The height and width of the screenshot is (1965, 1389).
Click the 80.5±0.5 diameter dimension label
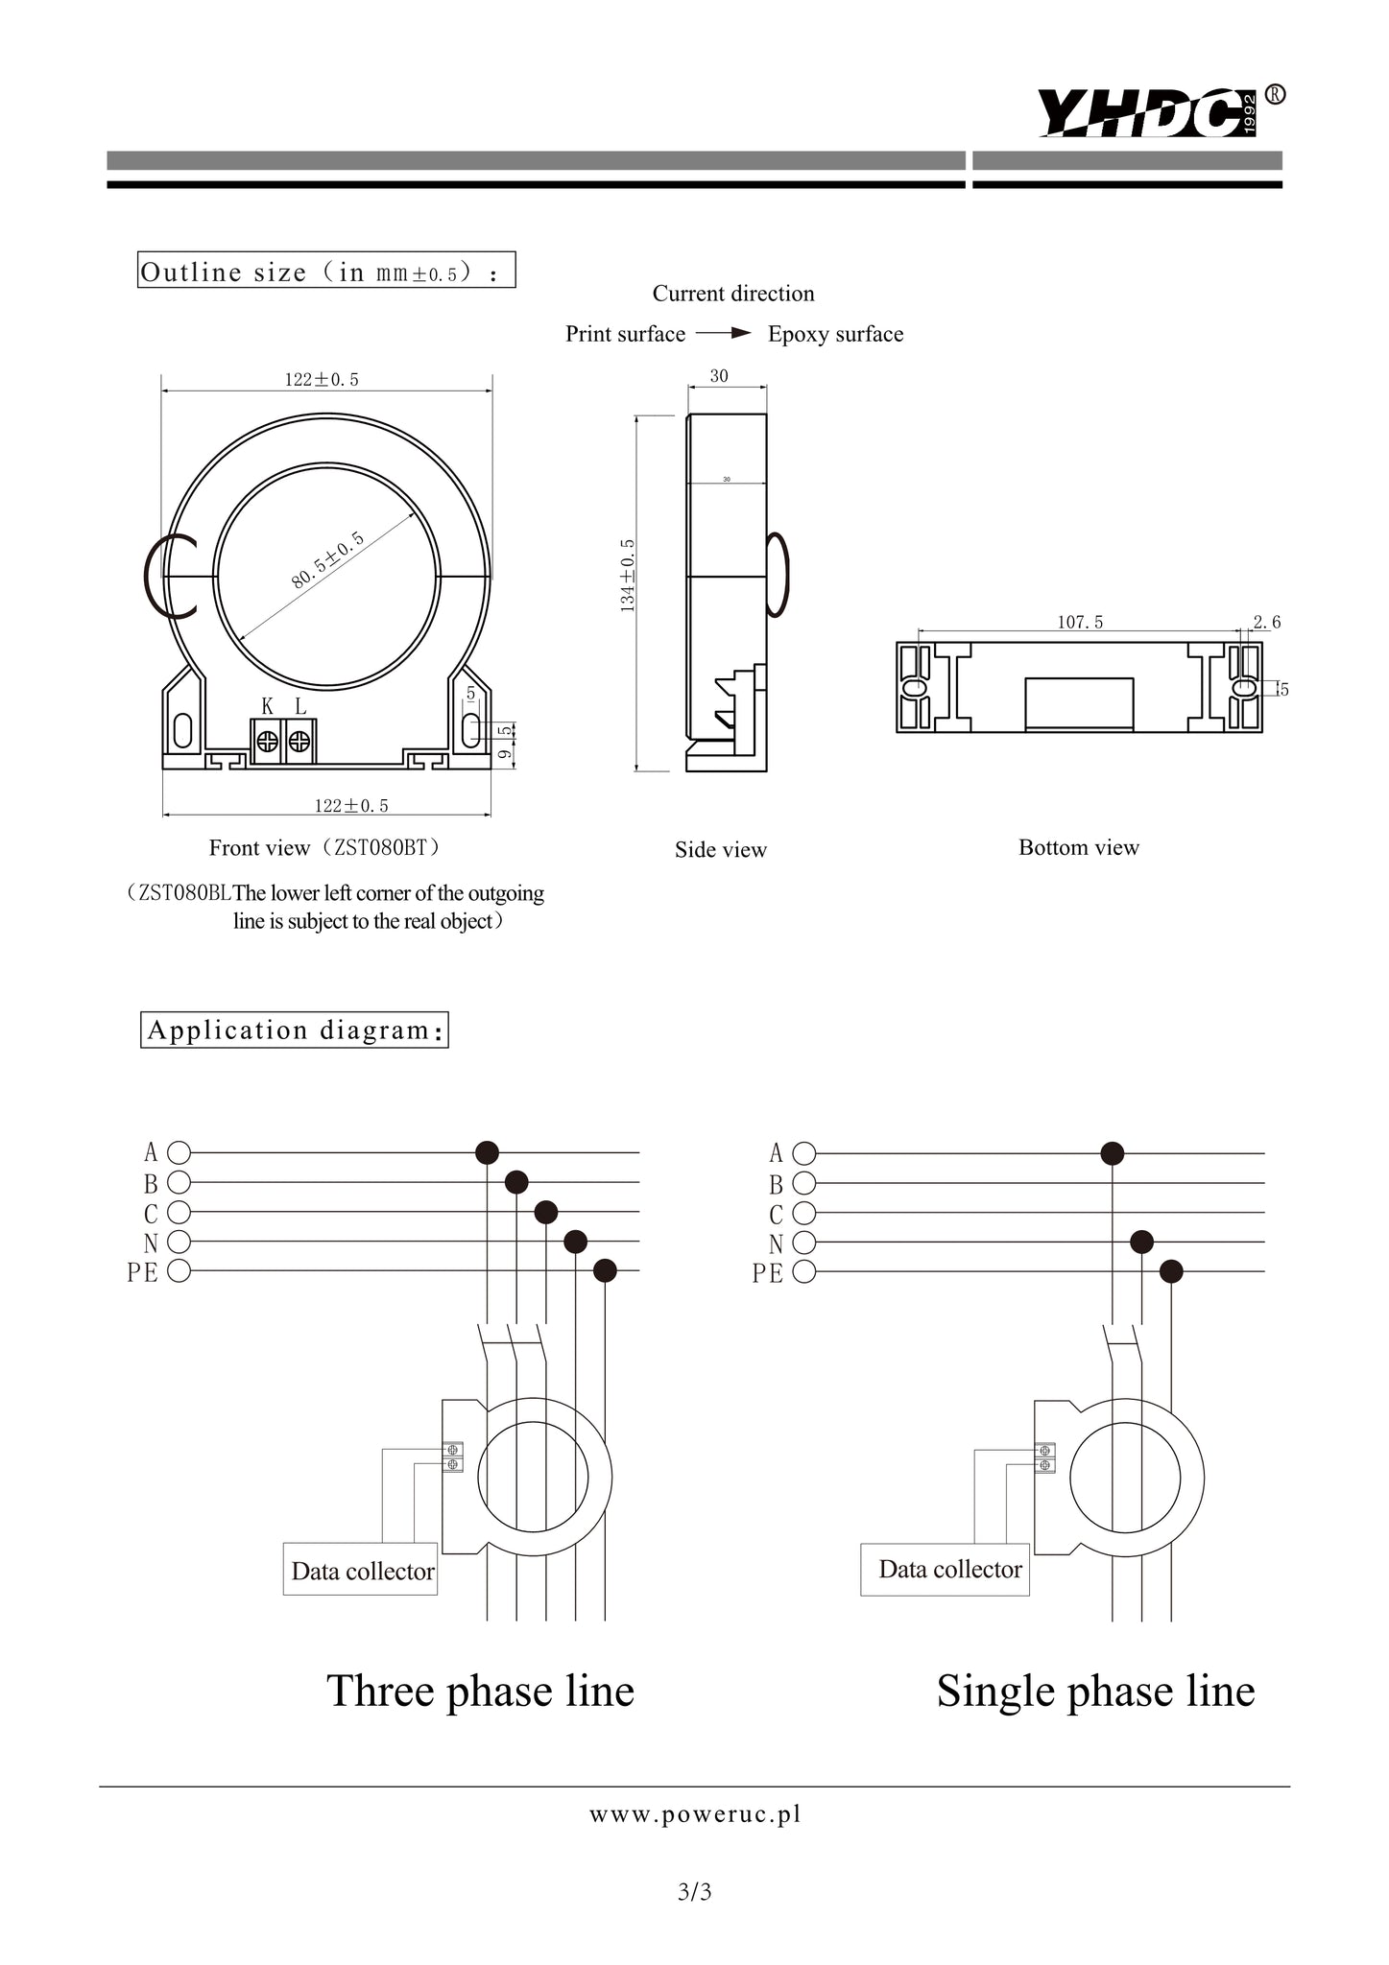pos(328,558)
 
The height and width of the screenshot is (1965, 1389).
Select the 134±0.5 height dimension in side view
pos(628,575)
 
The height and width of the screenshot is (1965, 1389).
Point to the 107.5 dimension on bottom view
pos(1080,622)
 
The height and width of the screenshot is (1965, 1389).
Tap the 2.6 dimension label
pos(1267,622)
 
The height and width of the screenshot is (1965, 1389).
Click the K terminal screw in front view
pos(268,742)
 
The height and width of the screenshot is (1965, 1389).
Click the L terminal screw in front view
pos(300,742)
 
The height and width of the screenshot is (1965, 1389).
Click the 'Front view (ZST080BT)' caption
pos(326,847)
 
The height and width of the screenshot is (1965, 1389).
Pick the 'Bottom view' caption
pos(1079,847)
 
